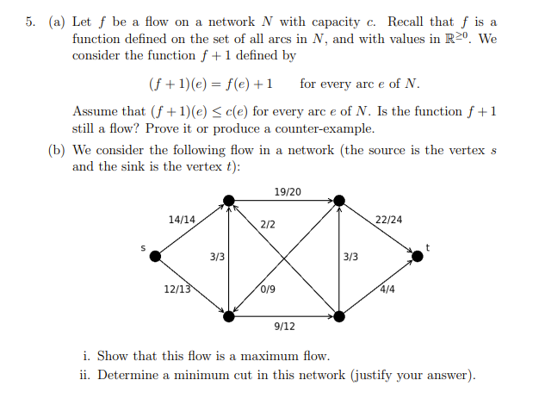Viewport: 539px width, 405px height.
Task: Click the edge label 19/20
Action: pos(286,191)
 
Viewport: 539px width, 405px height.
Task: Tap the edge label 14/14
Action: pos(182,220)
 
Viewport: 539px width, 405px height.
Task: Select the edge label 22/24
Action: pos(389,220)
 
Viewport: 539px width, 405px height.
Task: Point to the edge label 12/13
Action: pos(177,289)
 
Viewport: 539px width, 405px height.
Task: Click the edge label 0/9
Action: pos(267,289)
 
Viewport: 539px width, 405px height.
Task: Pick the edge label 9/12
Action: pos(285,327)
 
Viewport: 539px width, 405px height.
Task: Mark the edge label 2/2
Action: pos(268,224)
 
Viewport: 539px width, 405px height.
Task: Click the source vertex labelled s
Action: pos(155,256)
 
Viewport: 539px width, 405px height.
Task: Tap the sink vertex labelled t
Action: pos(418,256)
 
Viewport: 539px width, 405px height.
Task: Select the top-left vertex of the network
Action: pos(228,201)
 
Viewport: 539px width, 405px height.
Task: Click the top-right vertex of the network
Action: pos(340,201)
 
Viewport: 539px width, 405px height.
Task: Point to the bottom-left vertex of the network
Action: pos(228,316)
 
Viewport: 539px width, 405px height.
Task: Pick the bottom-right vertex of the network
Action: pos(340,316)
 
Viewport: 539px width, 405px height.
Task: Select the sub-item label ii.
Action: pos(87,375)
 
